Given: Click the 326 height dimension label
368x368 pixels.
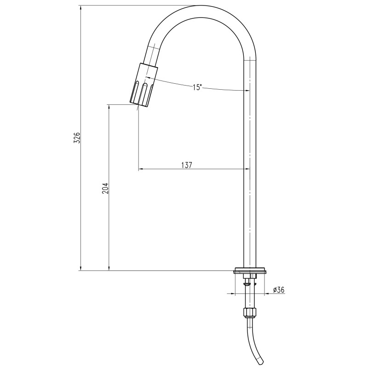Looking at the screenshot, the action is pyautogui.click(x=77, y=138).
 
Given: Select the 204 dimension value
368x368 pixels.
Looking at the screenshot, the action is pyautogui.click(x=105, y=188).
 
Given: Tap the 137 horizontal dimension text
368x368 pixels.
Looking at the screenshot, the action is pyautogui.click(x=187, y=165).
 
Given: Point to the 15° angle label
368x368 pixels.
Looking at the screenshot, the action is pyautogui.click(x=197, y=87).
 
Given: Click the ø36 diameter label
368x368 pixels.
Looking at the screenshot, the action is pyautogui.click(x=279, y=290).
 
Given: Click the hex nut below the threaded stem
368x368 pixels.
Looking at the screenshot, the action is pyautogui.click(x=250, y=313).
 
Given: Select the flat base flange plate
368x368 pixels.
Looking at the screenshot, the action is pyautogui.click(x=250, y=270).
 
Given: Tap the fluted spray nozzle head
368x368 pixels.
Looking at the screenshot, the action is pyautogui.click(x=144, y=86).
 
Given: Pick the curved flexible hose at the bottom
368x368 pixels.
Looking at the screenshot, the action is pyautogui.click(x=255, y=340).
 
